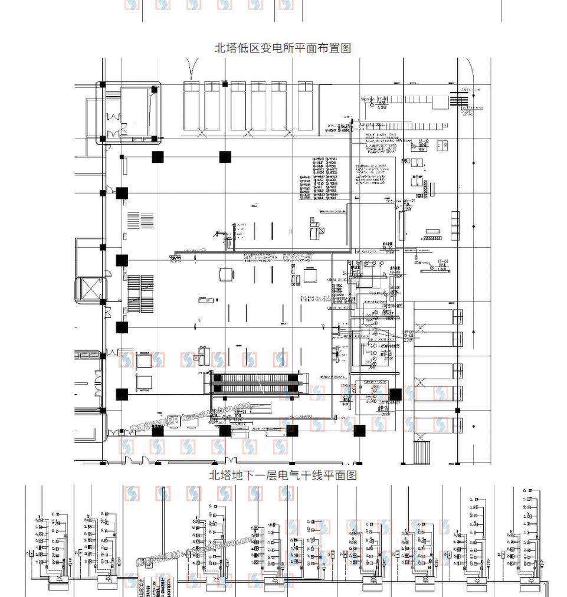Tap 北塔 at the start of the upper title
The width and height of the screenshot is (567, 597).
coord(225,48)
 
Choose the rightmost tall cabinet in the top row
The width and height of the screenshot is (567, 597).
coord(305,106)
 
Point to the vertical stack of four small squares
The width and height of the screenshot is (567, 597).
coord(455,225)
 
